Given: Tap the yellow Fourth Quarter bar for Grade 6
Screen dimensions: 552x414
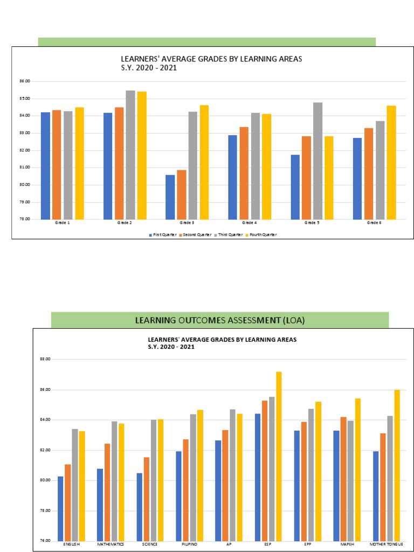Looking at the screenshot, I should (x=391, y=162).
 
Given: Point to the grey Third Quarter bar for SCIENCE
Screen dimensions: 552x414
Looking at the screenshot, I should (x=154, y=480).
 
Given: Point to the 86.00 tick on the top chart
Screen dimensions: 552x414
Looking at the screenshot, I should (x=24, y=81).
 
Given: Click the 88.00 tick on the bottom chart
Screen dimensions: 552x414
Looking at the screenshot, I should (x=45, y=360).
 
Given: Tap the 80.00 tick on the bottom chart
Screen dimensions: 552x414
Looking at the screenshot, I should (x=45, y=480).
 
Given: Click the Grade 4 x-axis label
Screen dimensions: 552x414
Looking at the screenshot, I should (x=249, y=223).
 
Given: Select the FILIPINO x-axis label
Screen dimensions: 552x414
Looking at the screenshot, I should (x=189, y=544).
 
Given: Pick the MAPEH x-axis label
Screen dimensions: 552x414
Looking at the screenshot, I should (x=347, y=544).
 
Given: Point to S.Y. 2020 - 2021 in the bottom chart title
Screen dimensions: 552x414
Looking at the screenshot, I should (x=171, y=347).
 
